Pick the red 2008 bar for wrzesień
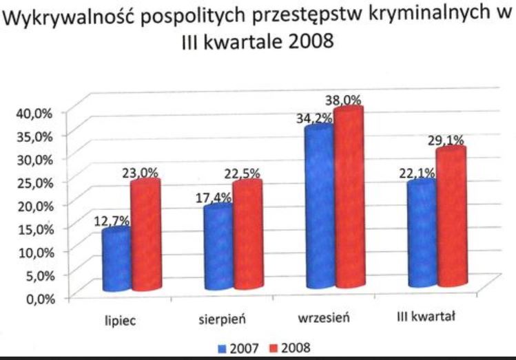click(x=348, y=200)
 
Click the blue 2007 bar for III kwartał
click(x=420, y=234)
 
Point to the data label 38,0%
click(x=344, y=100)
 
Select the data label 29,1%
click(x=446, y=140)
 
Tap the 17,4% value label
click(x=215, y=198)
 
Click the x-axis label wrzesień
click(x=325, y=320)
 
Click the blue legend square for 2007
click(x=220, y=348)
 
